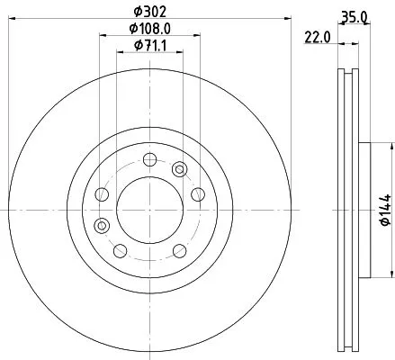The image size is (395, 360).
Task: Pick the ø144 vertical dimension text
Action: pyautogui.click(x=384, y=209)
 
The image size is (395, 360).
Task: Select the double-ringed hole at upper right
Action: pyautogui.click(x=179, y=169)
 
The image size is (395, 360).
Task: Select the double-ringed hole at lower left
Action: pyautogui.click(x=102, y=225)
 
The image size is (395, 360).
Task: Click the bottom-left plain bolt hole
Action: pyautogui.click(x=120, y=249)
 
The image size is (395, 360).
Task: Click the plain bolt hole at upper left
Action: pyautogui.click(x=102, y=194)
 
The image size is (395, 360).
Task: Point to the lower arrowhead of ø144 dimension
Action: pyautogui.click(x=391, y=275)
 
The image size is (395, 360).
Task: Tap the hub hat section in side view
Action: pyautogui.click(x=364, y=209)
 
